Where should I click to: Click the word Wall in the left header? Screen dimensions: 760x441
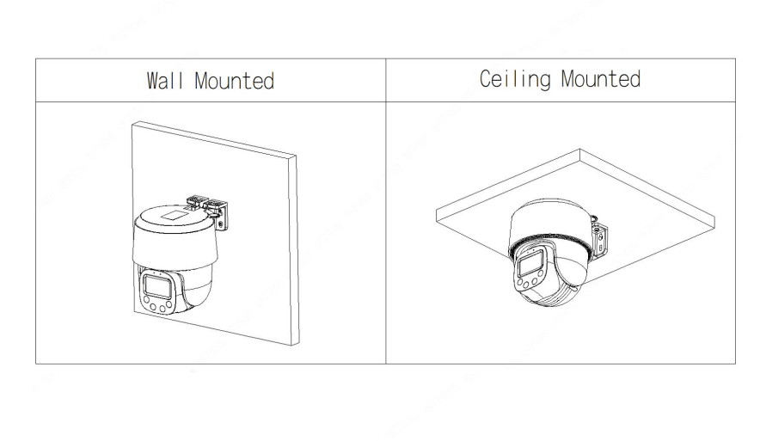click(x=165, y=81)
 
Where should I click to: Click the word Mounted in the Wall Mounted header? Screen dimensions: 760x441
click(x=234, y=81)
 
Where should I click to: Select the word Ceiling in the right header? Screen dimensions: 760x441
click(x=515, y=79)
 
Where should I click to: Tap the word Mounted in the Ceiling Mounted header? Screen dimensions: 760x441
click(x=601, y=79)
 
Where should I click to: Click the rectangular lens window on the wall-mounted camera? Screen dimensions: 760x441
click(x=157, y=286)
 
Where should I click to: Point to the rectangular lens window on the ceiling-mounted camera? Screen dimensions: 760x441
click(x=530, y=264)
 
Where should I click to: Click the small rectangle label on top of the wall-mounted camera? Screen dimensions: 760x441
click(x=173, y=214)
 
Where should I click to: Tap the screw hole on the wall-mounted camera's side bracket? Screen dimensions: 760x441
click(x=221, y=224)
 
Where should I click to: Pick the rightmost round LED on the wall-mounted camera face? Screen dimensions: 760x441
click(x=169, y=304)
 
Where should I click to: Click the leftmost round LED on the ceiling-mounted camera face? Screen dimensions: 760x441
click(x=519, y=282)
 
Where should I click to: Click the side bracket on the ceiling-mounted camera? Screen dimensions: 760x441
click(x=600, y=240)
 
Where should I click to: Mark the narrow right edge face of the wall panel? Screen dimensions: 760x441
click(x=295, y=250)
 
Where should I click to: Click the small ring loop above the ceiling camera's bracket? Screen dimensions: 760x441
click(x=593, y=218)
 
